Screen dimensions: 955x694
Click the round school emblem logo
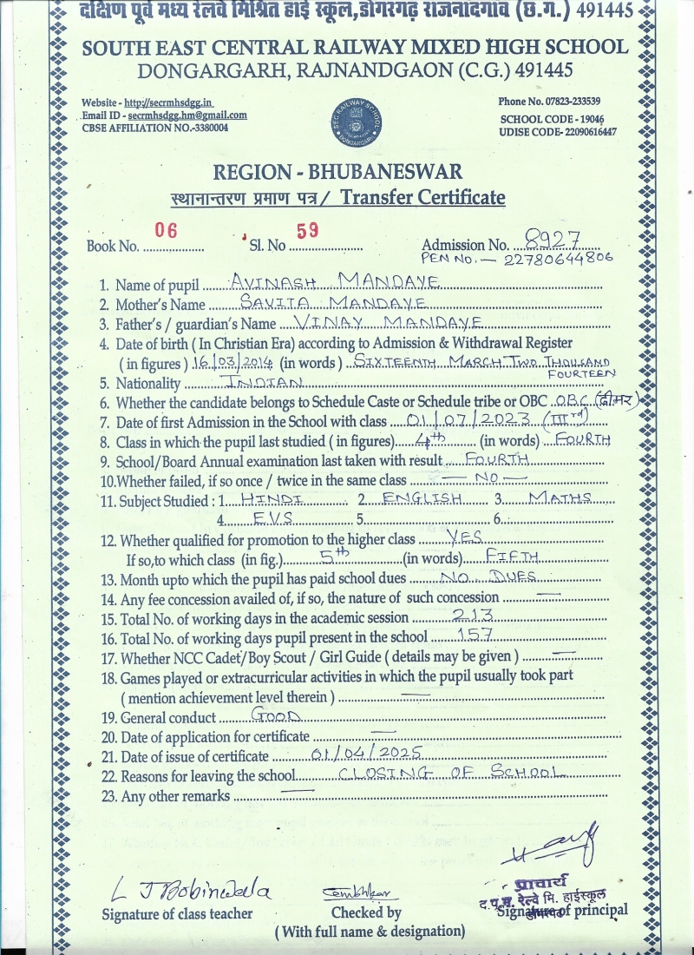pyautogui.click(x=356, y=123)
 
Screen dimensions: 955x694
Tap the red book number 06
pyautogui.click(x=165, y=230)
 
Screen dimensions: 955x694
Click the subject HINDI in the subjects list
pyautogui.click(x=272, y=497)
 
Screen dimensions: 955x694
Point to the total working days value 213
pyautogui.click(x=473, y=615)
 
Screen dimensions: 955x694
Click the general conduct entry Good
pyautogui.click(x=275, y=716)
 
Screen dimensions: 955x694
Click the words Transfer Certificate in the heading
pyautogui.click(x=422, y=197)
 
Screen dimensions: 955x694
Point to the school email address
pyautogui.click(x=187, y=115)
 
